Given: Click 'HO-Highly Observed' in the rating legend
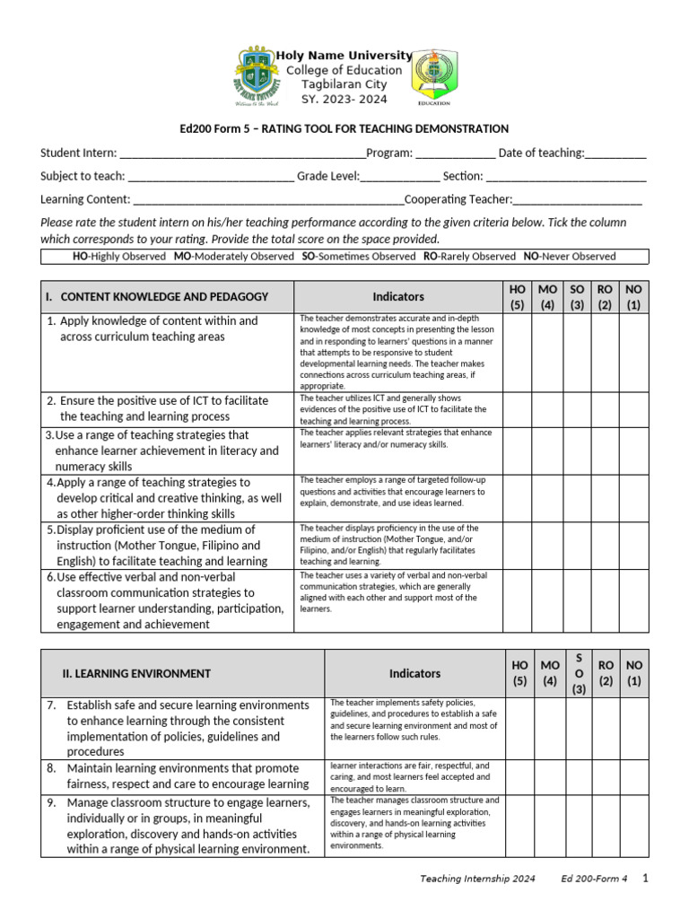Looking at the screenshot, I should coord(119,257).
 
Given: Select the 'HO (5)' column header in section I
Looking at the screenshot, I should coord(518,296).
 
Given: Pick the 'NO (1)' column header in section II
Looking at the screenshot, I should coord(634,673).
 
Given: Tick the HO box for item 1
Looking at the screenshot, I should coord(518,352).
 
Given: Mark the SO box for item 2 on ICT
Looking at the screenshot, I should coord(576,409).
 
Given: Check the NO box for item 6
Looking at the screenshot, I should coord(634,600).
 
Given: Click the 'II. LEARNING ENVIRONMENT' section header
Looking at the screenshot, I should coord(136,673).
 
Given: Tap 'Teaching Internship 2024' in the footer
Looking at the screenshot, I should coord(477,880).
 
